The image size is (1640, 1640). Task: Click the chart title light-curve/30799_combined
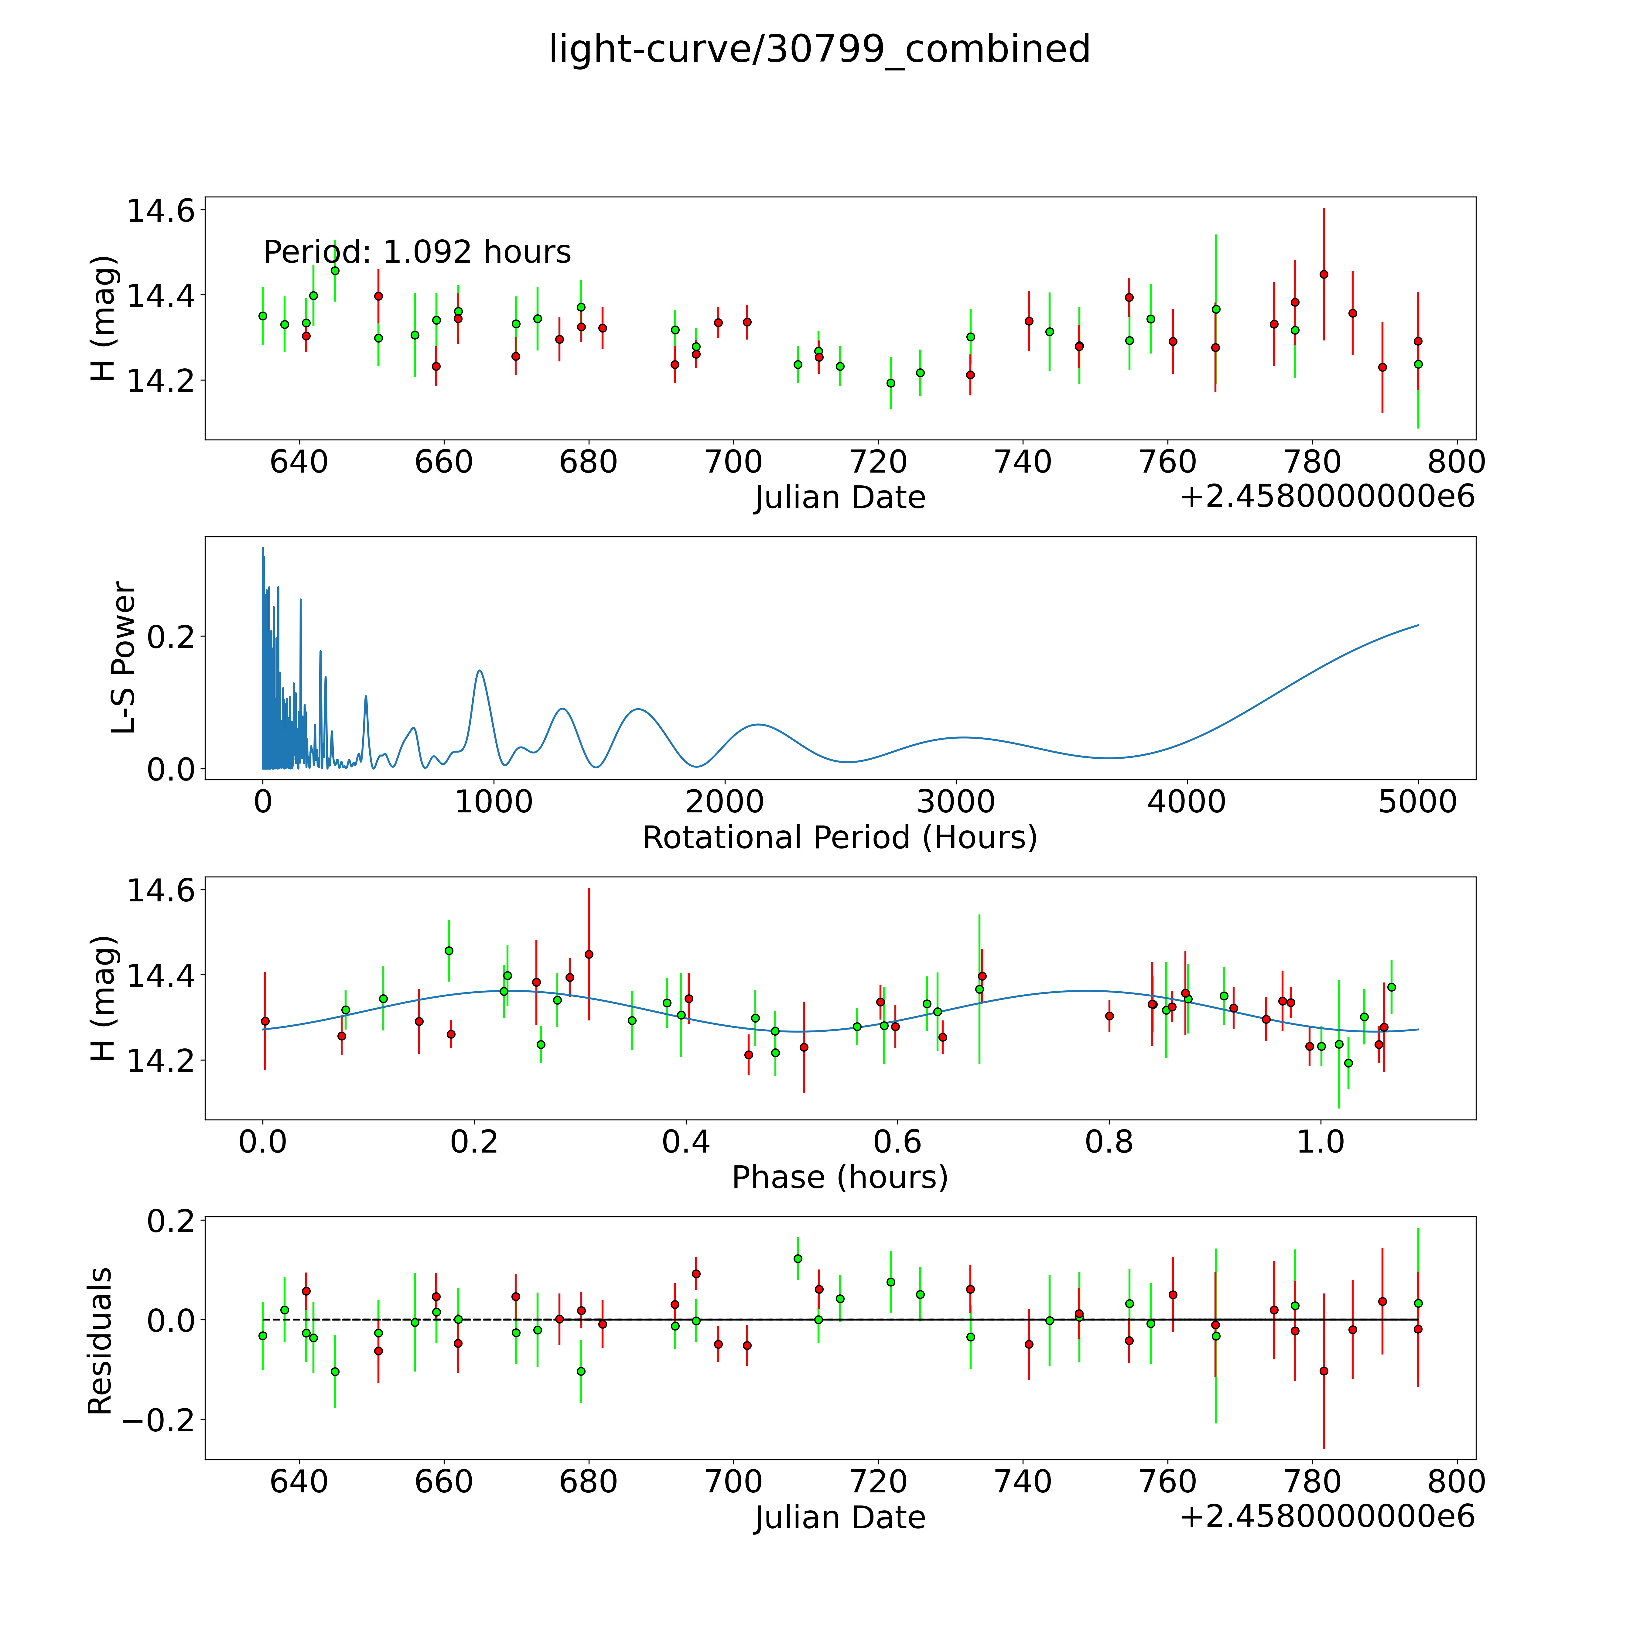click(819, 49)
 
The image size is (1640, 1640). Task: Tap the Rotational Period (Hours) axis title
click(839, 838)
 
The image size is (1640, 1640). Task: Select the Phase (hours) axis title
click(839, 1177)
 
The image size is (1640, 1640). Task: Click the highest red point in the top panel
click(1323, 274)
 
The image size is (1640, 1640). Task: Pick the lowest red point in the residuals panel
click(1323, 1371)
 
